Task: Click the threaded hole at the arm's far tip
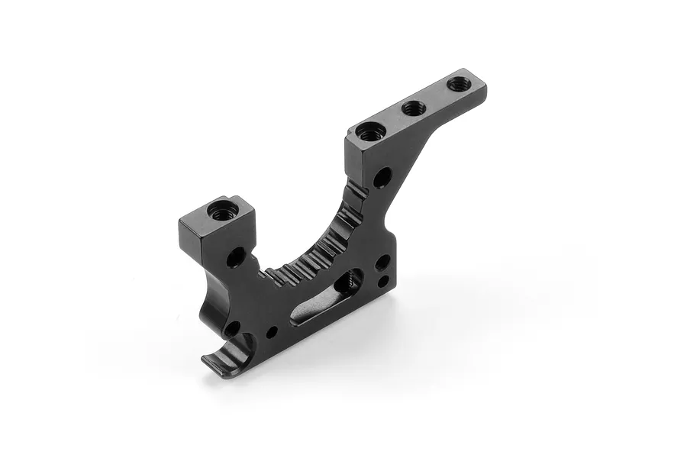click(458, 84)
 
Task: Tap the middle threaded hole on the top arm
click(414, 108)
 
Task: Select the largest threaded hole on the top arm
click(368, 132)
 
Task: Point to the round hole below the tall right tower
click(382, 178)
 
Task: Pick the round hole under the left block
click(236, 256)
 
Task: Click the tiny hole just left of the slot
click(272, 332)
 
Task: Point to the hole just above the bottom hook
click(231, 329)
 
